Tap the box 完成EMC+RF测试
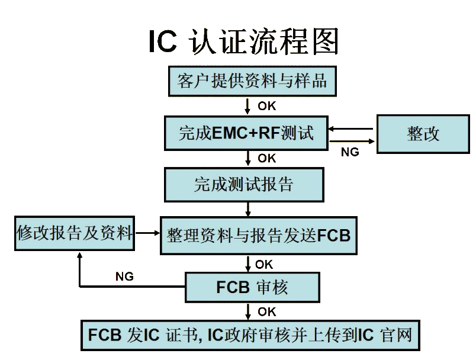point(246,133)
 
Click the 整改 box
point(423,134)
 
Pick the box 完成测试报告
point(244,185)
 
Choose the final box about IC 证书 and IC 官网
point(250,335)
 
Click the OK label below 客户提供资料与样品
point(266,107)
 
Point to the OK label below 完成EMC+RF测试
point(266,158)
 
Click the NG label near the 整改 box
point(350,152)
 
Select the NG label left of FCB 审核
point(124,277)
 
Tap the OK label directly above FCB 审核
point(265,263)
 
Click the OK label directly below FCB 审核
point(266,311)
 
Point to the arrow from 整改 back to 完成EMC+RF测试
point(352,128)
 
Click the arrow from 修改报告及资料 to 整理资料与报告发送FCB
point(148,234)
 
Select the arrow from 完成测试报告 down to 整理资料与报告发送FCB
point(248,209)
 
